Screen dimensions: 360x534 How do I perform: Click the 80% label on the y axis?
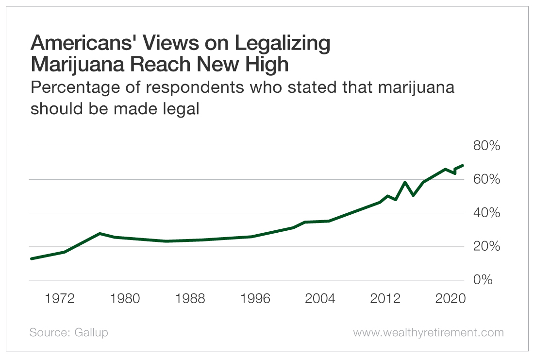coord(483,146)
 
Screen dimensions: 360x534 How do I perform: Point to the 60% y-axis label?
coord(483,180)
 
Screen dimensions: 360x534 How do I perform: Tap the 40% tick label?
coord(483,213)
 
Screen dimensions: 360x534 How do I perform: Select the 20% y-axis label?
coord(483,247)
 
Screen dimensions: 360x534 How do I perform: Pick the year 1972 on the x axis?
coord(59,298)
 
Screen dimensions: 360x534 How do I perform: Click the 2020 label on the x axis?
coord(449,298)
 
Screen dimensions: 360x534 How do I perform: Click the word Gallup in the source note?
coord(92,333)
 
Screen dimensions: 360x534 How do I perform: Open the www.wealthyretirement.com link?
coord(428,333)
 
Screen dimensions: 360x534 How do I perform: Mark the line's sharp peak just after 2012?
coord(405,182)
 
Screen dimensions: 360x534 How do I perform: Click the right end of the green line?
coord(463,166)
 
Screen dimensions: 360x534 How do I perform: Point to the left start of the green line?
coord(32,258)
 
